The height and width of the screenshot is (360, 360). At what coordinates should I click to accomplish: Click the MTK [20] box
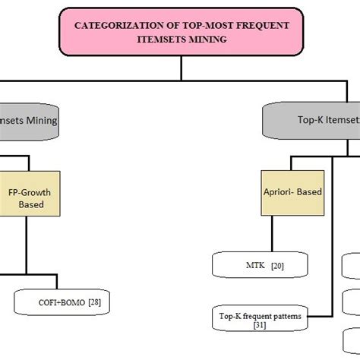pyautogui.click(x=260, y=264)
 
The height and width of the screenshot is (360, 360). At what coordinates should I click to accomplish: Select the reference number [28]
pyautogui.click(x=95, y=302)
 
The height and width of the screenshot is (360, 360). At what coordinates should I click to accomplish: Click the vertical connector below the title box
pyautogui.click(x=181, y=68)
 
